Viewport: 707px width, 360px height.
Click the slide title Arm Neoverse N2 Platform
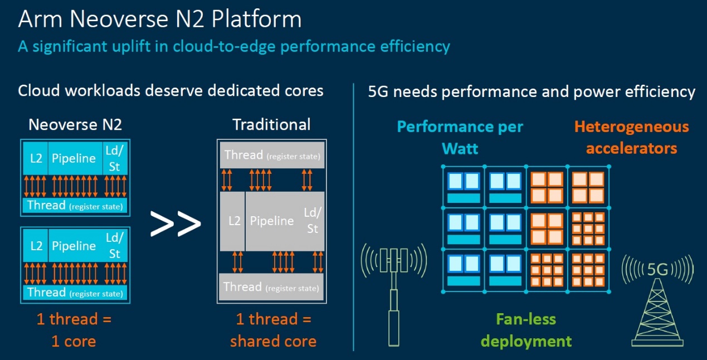pyautogui.click(x=160, y=19)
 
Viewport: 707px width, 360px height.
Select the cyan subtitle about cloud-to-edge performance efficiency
pyautogui.click(x=234, y=47)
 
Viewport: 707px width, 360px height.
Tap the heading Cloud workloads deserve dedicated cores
pyautogui.click(x=170, y=91)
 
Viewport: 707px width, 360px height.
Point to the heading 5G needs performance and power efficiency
pyautogui.click(x=532, y=92)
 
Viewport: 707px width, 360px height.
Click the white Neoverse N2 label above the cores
pyautogui.click(x=75, y=124)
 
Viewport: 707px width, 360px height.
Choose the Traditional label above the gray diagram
pyautogui.click(x=271, y=124)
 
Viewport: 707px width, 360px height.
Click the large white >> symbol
pyautogui.click(x=175, y=223)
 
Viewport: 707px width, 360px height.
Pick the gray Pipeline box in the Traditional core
pyautogui.click(x=285, y=221)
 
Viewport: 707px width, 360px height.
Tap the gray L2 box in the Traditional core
pyautogui.click(x=232, y=221)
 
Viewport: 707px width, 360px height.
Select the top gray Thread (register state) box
pyautogui.click(x=272, y=155)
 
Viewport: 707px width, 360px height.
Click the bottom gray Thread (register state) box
pyautogui.click(x=271, y=287)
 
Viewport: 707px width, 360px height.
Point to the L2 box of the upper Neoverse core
pyautogui.click(x=36, y=158)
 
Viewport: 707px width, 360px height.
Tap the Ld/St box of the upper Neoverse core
pyautogui.click(x=115, y=158)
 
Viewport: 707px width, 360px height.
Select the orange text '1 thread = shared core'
pyautogui.click(x=274, y=330)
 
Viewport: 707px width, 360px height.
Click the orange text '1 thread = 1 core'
pyautogui.click(x=74, y=330)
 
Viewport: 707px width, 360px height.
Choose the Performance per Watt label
pyautogui.click(x=460, y=138)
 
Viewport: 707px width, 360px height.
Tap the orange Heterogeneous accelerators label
pyautogui.click(x=631, y=138)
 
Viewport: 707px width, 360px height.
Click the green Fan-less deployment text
pyautogui.click(x=526, y=330)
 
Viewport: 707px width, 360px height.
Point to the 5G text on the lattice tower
pyautogui.click(x=658, y=270)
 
